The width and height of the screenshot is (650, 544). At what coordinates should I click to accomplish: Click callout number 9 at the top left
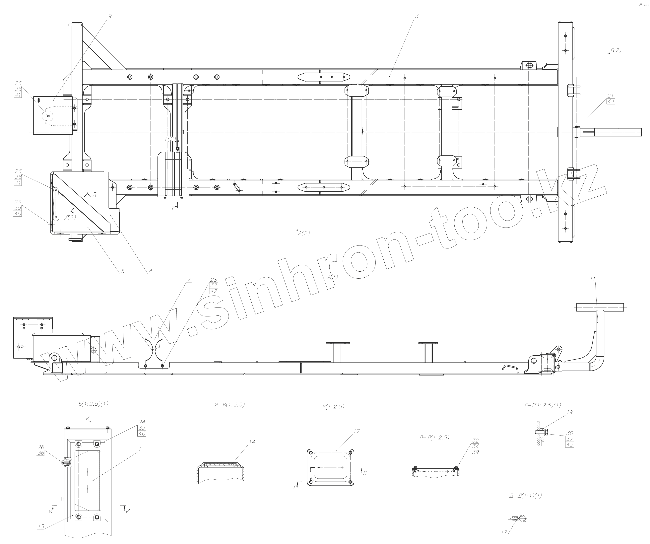110,16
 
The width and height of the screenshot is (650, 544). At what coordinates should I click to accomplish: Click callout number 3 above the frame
417,16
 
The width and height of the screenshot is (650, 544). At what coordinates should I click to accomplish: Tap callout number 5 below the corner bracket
123,271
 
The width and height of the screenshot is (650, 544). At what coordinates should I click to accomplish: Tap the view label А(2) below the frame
304,233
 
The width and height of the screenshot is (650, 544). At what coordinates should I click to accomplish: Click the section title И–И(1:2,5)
229,404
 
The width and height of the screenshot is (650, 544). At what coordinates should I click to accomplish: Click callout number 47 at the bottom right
504,532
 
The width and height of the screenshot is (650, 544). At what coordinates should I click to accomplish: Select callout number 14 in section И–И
252,442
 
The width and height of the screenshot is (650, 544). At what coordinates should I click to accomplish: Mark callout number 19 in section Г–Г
569,412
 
